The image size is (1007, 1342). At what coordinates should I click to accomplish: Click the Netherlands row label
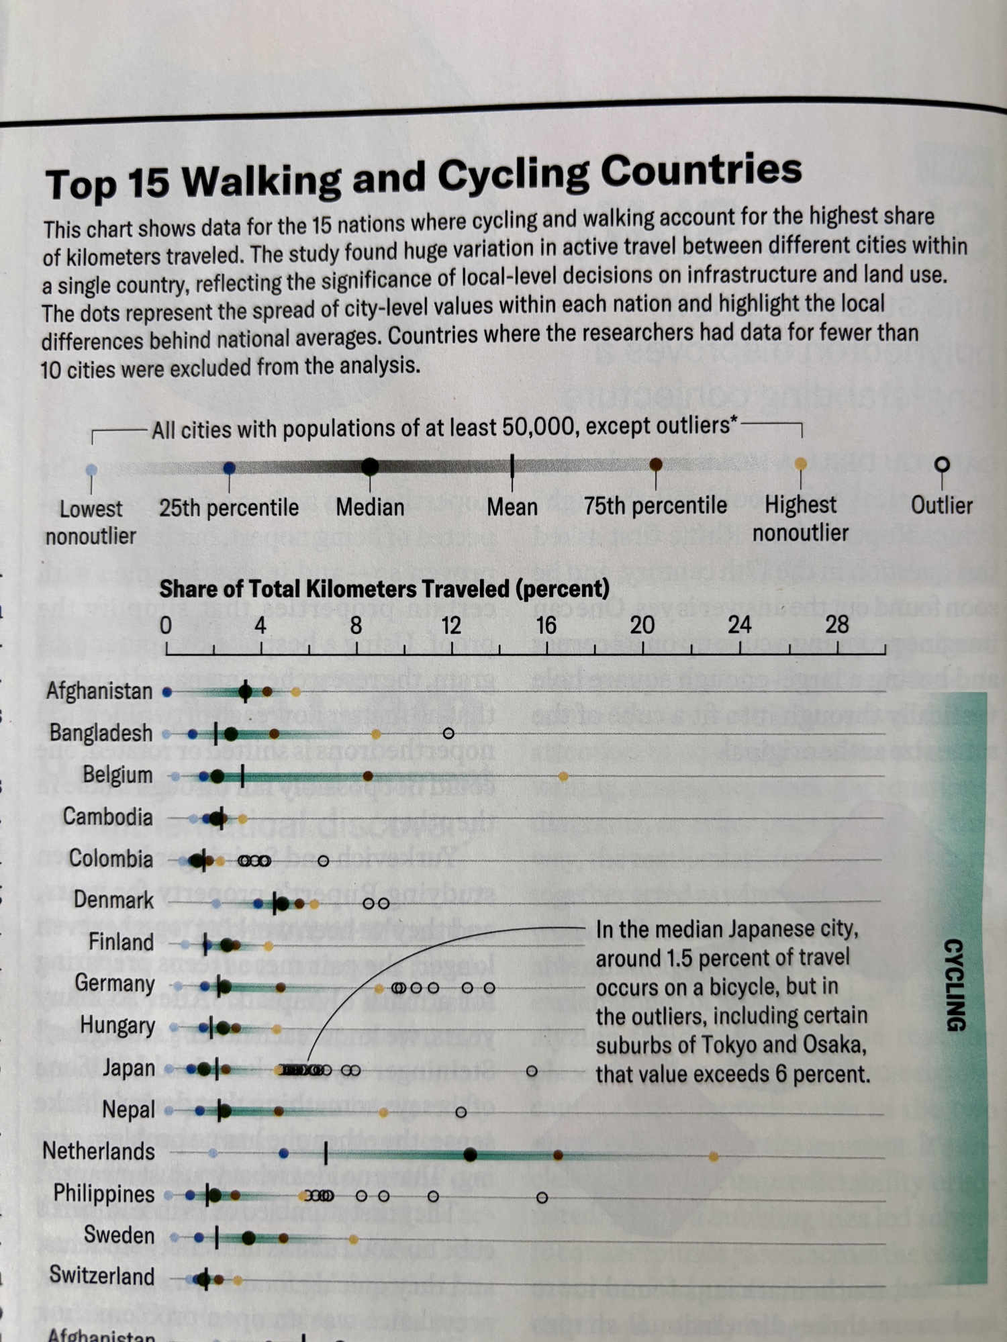point(99,1152)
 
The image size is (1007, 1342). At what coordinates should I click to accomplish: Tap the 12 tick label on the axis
point(451,626)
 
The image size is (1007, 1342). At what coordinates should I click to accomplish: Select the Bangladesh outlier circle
point(449,733)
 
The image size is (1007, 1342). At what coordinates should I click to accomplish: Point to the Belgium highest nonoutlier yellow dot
point(563,777)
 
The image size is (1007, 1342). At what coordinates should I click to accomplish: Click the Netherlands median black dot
point(470,1155)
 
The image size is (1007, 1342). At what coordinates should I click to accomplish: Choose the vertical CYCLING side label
point(955,984)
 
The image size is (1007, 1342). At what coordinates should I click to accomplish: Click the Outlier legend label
point(941,506)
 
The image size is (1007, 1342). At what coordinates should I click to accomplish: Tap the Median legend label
point(370,508)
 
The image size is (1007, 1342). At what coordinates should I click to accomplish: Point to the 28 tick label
point(836,625)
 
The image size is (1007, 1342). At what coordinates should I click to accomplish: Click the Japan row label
point(128,1068)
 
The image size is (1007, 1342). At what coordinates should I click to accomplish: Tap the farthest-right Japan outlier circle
point(532,1071)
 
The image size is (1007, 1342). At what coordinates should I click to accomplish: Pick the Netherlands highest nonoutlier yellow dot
point(714,1157)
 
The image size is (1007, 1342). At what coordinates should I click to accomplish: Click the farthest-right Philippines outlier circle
point(542,1198)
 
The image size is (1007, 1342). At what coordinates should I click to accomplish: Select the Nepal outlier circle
point(461,1112)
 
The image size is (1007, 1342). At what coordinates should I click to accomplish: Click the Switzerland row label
point(102,1276)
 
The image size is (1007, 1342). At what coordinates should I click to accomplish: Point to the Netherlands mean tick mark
point(326,1154)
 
